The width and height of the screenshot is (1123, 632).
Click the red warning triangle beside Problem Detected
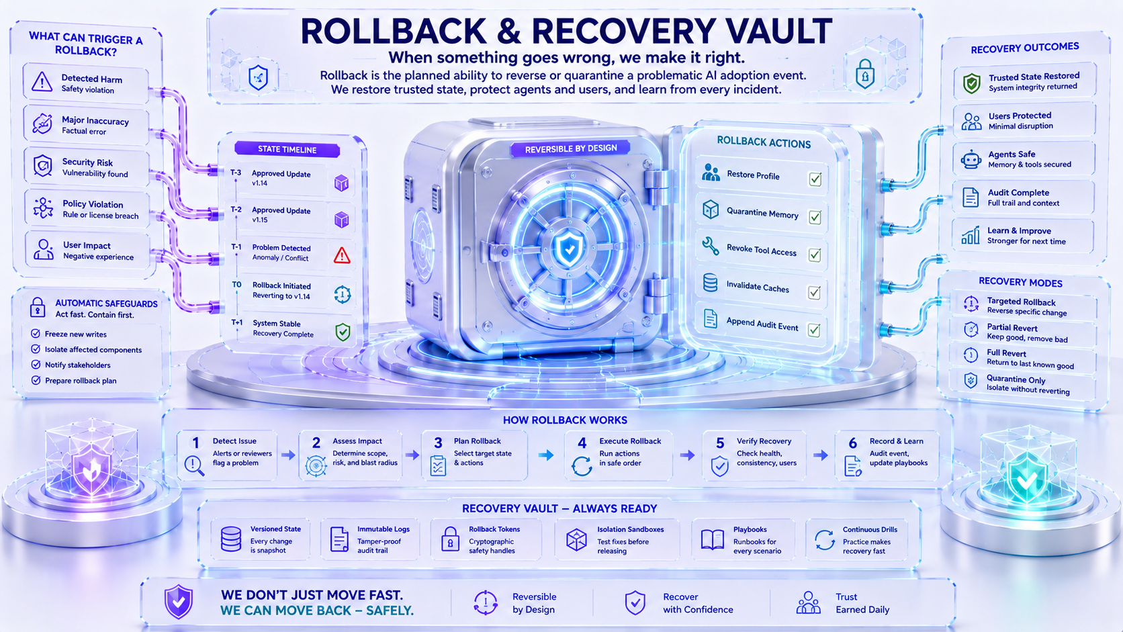click(342, 256)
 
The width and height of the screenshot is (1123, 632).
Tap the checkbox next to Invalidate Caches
click(814, 292)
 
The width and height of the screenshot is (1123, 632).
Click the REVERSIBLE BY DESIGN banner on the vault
click(570, 149)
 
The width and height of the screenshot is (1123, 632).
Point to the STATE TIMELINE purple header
click(287, 149)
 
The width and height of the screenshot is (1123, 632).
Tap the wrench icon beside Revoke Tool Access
click(711, 246)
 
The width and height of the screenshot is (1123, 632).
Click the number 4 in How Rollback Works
click(582, 443)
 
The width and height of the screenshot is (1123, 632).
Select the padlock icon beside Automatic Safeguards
click(38, 307)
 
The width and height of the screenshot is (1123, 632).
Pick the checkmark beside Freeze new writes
click(36, 334)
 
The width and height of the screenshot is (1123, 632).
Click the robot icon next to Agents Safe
click(971, 159)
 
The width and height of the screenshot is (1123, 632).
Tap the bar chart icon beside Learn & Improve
click(971, 236)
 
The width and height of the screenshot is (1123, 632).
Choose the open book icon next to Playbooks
click(713, 540)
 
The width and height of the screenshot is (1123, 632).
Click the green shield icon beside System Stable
click(343, 332)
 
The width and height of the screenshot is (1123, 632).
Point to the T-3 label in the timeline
click(236, 173)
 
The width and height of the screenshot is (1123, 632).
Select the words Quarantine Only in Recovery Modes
click(1016, 379)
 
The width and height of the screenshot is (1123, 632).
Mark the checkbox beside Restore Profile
click(815, 179)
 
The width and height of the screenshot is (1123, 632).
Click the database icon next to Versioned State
click(230, 539)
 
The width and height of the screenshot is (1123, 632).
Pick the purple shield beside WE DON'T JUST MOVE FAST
click(179, 601)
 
